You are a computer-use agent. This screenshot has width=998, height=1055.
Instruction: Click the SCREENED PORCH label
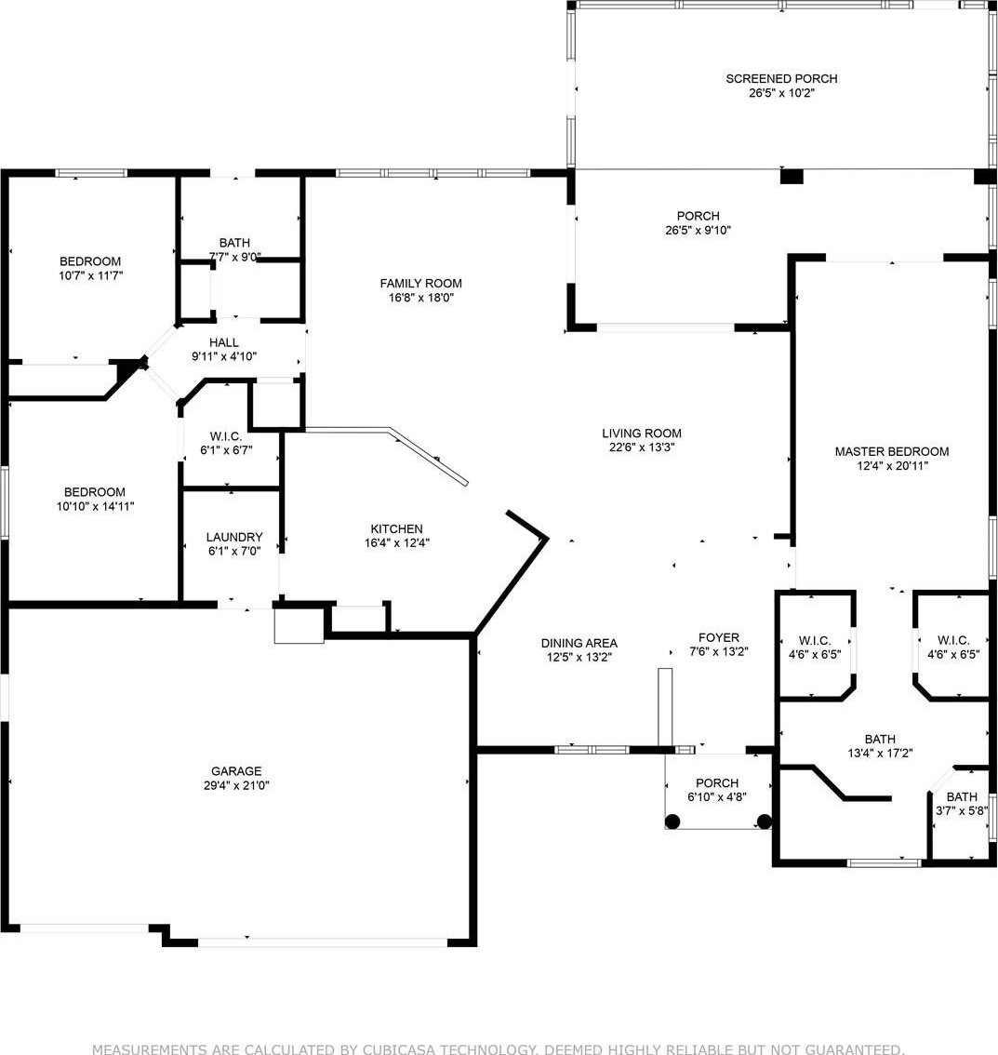[x=781, y=79]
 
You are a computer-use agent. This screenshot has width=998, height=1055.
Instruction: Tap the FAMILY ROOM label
[x=421, y=283]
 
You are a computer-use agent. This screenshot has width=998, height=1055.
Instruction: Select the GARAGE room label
[x=236, y=771]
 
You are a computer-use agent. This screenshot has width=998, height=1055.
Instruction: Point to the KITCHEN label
[x=397, y=528]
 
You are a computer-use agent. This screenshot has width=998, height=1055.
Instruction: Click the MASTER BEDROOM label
[x=892, y=451]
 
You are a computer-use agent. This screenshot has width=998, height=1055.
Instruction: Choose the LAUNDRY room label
[x=234, y=537]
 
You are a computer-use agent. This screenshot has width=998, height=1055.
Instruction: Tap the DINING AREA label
[x=579, y=643]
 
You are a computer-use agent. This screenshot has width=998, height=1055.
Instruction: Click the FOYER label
[x=719, y=637]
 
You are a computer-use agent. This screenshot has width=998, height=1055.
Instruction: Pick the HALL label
[x=224, y=342]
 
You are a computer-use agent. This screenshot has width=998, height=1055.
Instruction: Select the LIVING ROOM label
[x=642, y=434]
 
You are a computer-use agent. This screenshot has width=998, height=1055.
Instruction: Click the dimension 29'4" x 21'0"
[x=236, y=785]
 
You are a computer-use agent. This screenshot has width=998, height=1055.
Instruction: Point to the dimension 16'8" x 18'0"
[x=421, y=298]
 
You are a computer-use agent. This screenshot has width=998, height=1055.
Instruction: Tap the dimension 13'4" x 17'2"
[x=880, y=754]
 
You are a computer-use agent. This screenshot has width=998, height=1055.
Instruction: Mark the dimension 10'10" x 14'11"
[x=95, y=507]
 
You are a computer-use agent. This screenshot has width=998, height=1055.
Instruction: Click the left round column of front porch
[x=672, y=821]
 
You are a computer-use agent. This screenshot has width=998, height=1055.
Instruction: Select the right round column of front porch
[x=764, y=821]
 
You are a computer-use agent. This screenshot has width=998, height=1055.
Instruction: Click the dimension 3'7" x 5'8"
[x=962, y=810]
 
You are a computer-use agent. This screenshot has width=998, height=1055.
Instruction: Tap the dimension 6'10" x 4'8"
[x=717, y=797]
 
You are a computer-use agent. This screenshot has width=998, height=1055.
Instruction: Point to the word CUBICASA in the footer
[x=399, y=1048]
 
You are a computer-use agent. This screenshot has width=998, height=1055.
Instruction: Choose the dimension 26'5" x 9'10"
[x=699, y=230]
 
